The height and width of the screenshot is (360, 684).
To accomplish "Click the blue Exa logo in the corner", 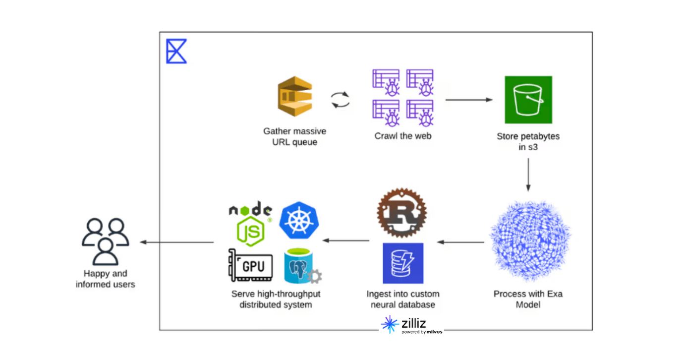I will pyautogui.click(x=176, y=52).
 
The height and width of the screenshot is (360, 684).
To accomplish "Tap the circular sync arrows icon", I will pyautogui.click(x=341, y=100).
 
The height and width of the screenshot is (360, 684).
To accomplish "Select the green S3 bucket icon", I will pyautogui.click(x=528, y=100).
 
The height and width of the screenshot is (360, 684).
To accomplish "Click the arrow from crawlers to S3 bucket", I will pyautogui.click(x=468, y=100).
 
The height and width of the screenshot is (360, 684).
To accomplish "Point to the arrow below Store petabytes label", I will pyautogui.click(x=528, y=174).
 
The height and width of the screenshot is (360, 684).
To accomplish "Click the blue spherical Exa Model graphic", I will pyautogui.click(x=529, y=241).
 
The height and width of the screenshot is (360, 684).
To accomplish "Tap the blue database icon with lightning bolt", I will pyautogui.click(x=402, y=263).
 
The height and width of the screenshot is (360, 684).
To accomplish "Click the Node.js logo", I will pyautogui.click(x=251, y=224).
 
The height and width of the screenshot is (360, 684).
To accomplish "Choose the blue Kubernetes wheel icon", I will pyautogui.click(x=299, y=221).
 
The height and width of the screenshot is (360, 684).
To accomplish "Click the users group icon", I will pyautogui.click(x=106, y=241).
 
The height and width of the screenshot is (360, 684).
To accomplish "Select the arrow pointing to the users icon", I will pyautogui.click(x=176, y=242).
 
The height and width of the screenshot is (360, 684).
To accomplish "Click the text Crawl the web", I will pyautogui.click(x=402, y=136).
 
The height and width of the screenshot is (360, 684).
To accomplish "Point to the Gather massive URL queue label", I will pyautogui.click(x=294, y=137).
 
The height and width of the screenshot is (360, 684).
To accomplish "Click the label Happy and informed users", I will pyautogui.click(x=106, y=279).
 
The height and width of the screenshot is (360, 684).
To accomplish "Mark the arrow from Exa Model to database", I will pyautogui.click(x=460, y=242).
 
